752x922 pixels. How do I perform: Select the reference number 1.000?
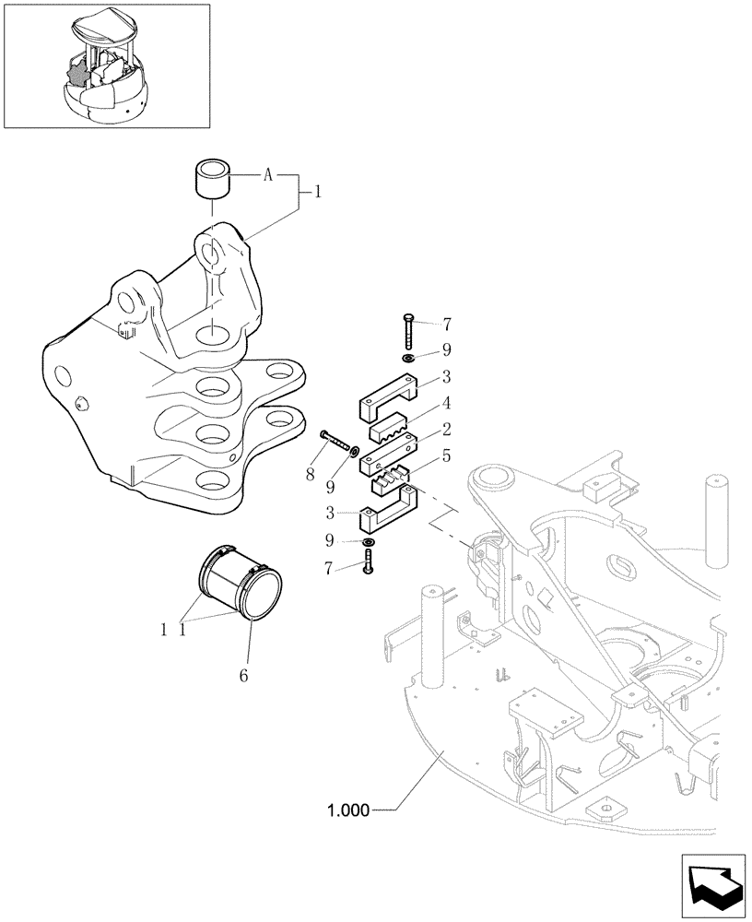347,811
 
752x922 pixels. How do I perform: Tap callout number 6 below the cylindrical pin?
244,676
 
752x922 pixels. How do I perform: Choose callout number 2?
445,428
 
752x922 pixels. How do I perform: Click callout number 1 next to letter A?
317,194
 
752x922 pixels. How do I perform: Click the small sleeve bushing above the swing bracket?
211,177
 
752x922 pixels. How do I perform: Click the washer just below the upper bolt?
406,357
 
